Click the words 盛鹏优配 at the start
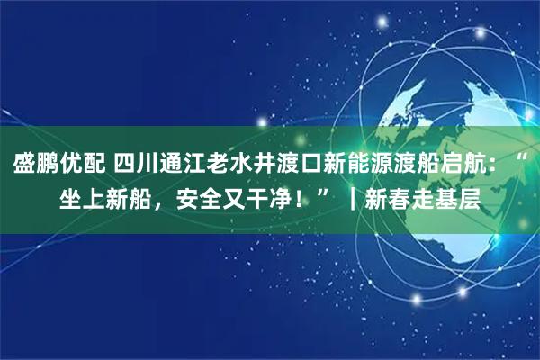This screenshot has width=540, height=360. pos(58,165)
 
